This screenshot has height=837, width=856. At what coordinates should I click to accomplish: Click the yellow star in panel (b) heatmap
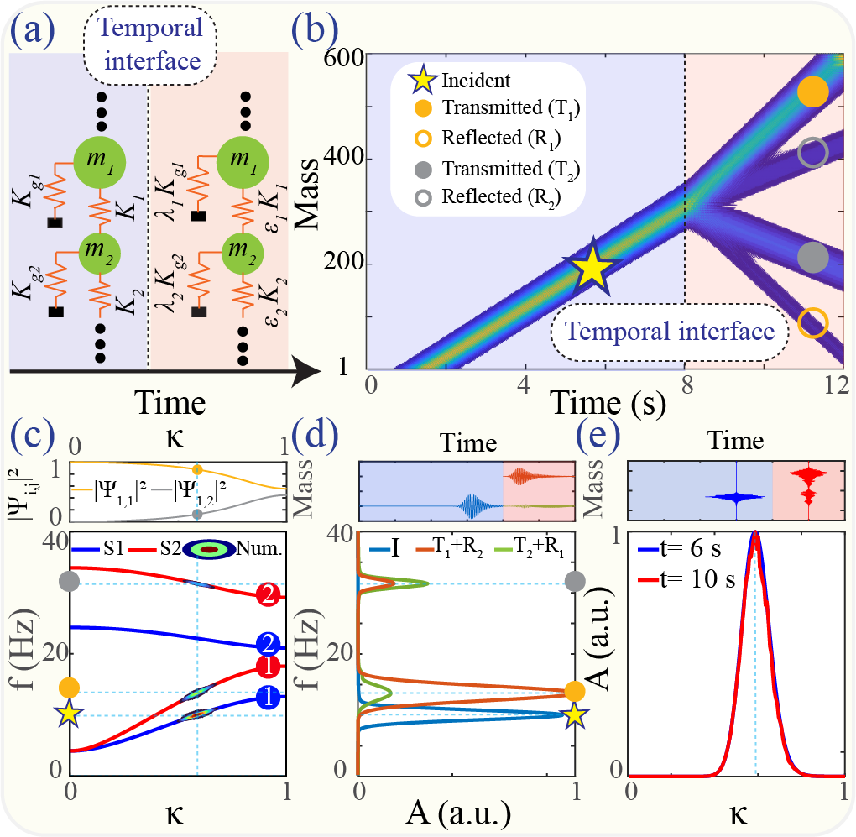pyautogui.click(x=592, y=265)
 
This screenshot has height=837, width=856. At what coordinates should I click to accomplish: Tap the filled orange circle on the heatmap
pyautogui.click(x=812, y=91)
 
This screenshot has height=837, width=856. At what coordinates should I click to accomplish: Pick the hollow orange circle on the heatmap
pyautogui.click(x=812, y=321)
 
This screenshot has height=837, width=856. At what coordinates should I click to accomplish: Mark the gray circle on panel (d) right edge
pyautogui.click(x=575, y=580)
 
